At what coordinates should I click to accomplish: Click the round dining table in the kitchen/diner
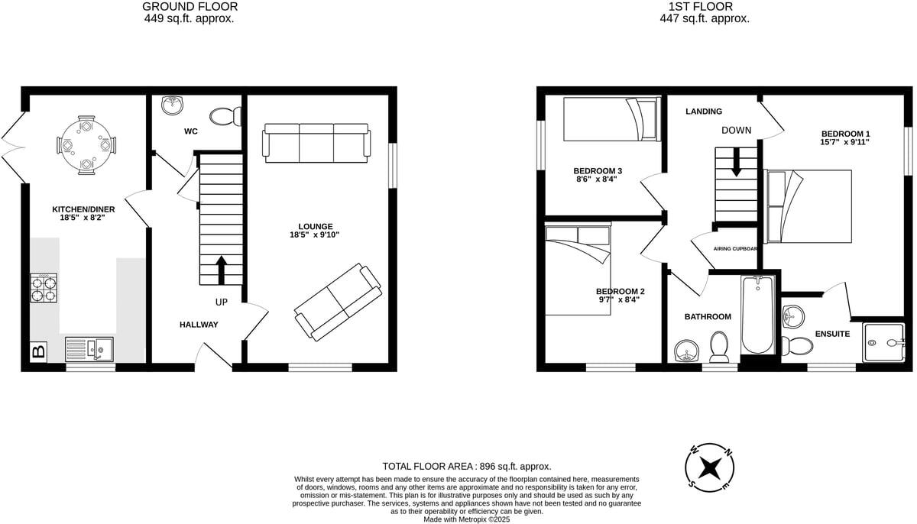(x=86, y=144)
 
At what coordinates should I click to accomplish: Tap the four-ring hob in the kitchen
(x=44, y=289)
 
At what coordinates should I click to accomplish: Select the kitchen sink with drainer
(x=89, y=350)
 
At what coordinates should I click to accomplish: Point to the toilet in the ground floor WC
(x=226, y=117)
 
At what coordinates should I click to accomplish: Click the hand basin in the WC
(x=172, y=106)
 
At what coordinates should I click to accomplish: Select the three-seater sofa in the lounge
(x=316, y=143)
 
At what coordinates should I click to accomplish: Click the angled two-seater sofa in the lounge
(x=339, y=302)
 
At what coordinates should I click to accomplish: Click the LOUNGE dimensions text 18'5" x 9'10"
(x=316, y=235)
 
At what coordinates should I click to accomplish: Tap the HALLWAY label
(x=199, y=325)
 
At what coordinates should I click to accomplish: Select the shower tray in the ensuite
(x=884, y=342)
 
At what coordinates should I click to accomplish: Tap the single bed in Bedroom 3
(x=611, y=120)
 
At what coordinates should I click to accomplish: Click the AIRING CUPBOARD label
(x=735, y=249)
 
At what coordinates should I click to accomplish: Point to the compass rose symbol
(x=711, y=466)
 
